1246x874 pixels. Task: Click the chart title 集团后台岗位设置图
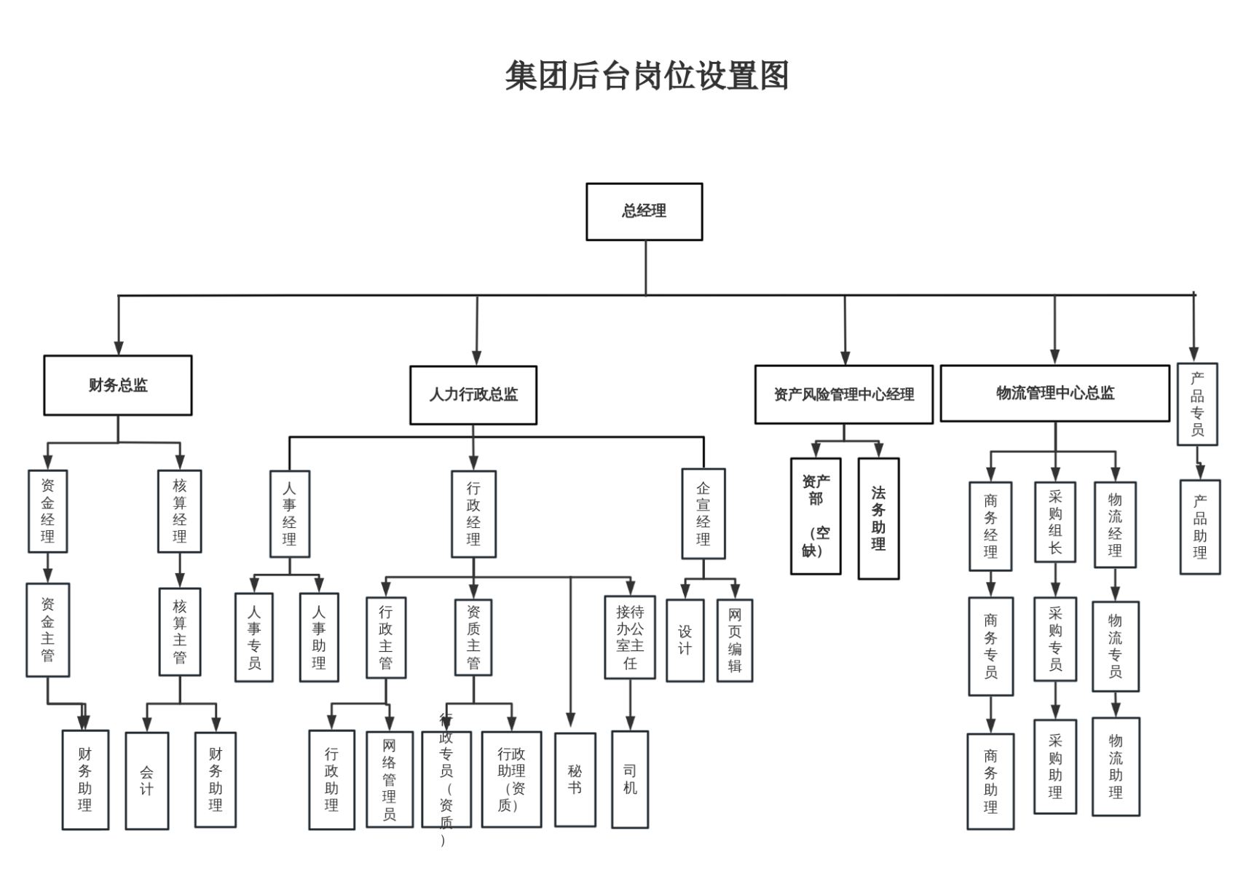647,76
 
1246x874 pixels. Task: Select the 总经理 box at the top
644,212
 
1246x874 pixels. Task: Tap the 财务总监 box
118,385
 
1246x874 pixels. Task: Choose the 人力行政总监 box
473,395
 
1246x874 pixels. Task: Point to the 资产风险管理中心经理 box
844,395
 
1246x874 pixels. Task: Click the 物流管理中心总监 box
1055,393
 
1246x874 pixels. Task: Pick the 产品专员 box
1197,404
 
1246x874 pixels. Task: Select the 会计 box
147,781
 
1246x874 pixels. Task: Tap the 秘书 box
575,779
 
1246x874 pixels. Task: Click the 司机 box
630,779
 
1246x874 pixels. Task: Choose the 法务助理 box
878,519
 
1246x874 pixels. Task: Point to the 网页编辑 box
734,640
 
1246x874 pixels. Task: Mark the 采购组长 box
1054,521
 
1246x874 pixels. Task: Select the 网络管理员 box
390,779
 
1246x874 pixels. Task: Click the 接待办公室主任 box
630,637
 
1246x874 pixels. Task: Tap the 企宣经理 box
703,513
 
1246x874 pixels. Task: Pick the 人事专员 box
253,637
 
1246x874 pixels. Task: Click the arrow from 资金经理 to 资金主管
48,568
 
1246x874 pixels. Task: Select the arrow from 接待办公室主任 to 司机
630,705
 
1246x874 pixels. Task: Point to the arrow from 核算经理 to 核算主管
179,570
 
